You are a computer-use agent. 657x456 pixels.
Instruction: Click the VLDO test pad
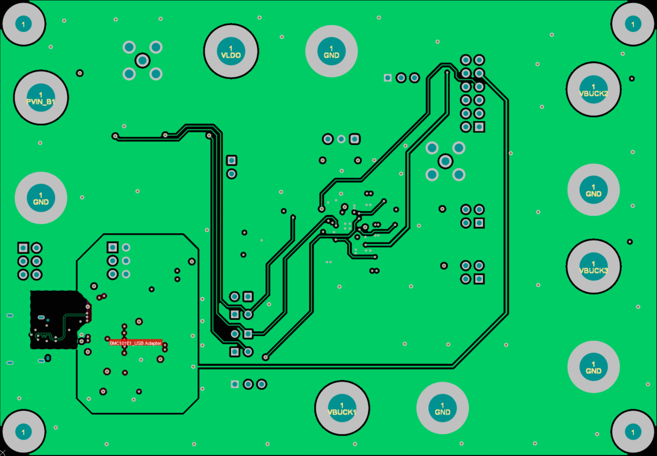pos(231,51)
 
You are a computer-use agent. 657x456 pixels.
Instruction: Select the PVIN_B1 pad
pos(41,98)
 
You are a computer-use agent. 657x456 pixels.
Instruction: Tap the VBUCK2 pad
pos(593,89)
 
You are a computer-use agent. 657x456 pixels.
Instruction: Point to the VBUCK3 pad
pos(593,267)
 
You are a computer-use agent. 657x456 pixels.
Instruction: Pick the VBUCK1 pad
pos(342,408)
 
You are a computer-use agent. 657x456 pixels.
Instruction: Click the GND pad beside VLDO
pos(331,51)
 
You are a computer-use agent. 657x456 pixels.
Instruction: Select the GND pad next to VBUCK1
pos(442,408)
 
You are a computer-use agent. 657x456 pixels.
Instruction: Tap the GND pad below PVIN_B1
pos(41,198)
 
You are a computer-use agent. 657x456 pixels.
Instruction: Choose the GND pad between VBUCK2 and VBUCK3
pos(593,190)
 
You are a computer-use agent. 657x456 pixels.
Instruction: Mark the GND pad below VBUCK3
pos(593,367)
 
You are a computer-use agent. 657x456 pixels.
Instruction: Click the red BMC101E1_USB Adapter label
pos(135,343)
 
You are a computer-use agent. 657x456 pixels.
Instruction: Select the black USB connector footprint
pos(53,320)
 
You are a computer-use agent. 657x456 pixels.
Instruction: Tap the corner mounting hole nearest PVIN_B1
pos(23,23)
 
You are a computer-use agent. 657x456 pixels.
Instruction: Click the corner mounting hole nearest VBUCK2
pos(633,23)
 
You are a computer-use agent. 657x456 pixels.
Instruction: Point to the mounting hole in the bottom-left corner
pos(23,431)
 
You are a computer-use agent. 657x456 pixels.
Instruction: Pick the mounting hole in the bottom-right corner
pos(633,432)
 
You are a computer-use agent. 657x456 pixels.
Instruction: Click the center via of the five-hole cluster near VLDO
pos(142,60)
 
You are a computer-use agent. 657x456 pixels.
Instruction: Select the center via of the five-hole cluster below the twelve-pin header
pos(445,161)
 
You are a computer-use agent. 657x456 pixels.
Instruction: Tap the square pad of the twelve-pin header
pos(479,127)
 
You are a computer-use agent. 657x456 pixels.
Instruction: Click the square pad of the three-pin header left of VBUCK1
pos(234,384)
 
